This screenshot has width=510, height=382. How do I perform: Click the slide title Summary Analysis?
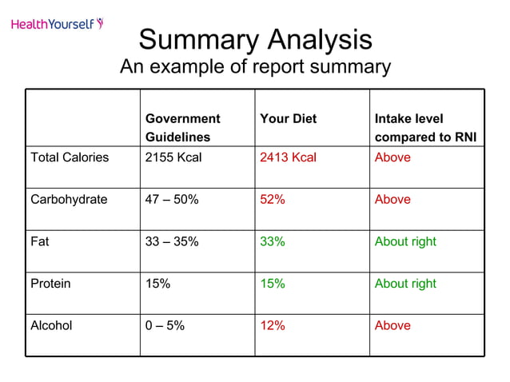tap(255, 40)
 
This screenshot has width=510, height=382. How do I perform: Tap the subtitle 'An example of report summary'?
tap(255, 67)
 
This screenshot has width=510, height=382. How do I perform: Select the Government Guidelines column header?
tap(182, 128)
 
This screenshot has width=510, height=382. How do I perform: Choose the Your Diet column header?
tap(288, 119)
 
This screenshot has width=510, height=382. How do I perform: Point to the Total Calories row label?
tap(70, 157)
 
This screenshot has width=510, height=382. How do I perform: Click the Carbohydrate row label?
tap(69, 200)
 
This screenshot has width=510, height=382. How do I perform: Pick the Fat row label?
tap(40, 241)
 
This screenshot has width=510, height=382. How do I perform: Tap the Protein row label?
tap(50, 284)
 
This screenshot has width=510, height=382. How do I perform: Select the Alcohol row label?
tap(51, 325)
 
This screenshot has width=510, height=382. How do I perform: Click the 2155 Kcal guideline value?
tap(173, 157)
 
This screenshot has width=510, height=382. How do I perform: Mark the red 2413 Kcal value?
tap(288, 157)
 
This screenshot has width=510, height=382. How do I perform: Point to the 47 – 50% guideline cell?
tap(172, 200)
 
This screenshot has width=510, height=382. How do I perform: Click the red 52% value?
tap(273, 200)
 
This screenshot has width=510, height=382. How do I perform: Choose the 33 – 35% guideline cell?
tap(172, 241)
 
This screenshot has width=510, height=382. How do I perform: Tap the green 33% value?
tap(273, 241)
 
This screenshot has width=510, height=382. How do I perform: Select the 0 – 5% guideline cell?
tap(165, 325)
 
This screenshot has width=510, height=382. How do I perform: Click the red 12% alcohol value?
tap(273, 325)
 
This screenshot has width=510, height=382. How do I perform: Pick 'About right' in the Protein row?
tap(405, 284)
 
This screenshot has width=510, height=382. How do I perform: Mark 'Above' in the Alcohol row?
tap(392, 325)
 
